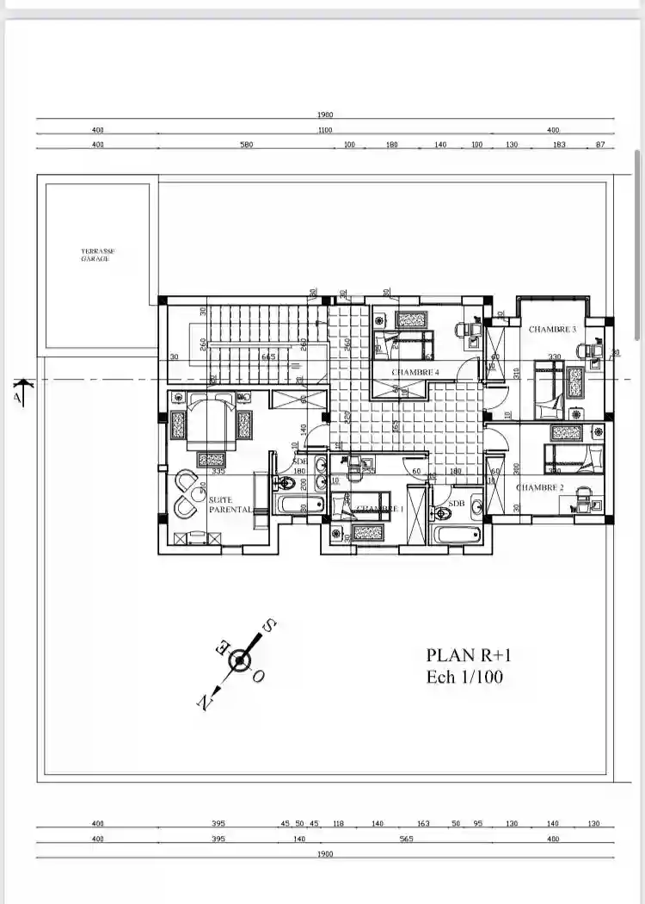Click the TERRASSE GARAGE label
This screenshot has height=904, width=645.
(x=97, y=255)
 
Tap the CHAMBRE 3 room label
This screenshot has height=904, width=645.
(x=552, y=329)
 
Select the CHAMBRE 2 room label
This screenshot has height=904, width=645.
(x=539, y=487)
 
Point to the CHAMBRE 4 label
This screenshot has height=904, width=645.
(x=415, y=372)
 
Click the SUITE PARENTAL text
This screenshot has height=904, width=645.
(x=230, y=504)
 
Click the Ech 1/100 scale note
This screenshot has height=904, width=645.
(x=464, y=678)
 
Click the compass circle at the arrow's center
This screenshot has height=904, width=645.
(x=240, y=661)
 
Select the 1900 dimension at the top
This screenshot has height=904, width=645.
(x=324, y=115)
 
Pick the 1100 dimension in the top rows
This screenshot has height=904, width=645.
(x=324, y=130)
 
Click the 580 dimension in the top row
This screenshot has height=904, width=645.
(x=247, y=145)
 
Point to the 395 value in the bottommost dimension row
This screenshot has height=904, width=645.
(x=218, y=839)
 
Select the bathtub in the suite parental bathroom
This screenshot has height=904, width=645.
(x=298, y=505)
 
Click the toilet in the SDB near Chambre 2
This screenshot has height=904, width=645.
(x=443, y=513)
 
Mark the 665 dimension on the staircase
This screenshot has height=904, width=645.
(x=268, y=356)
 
